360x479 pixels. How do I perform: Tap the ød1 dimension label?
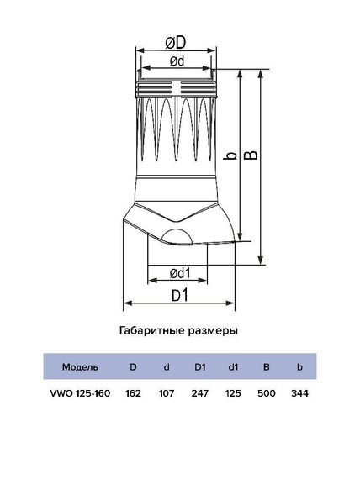coord(177,272)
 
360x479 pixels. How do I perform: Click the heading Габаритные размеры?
coord(179,331)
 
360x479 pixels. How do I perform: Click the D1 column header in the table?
coord(200,366)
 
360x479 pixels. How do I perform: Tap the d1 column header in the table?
coord(233,366)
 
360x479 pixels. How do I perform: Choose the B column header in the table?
coord(266,366)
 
